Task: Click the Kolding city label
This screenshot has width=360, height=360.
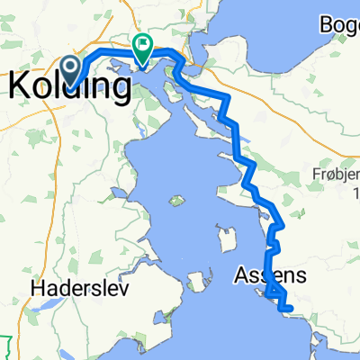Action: click(65, 85)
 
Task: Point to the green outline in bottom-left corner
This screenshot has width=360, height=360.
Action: click(8, 346)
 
